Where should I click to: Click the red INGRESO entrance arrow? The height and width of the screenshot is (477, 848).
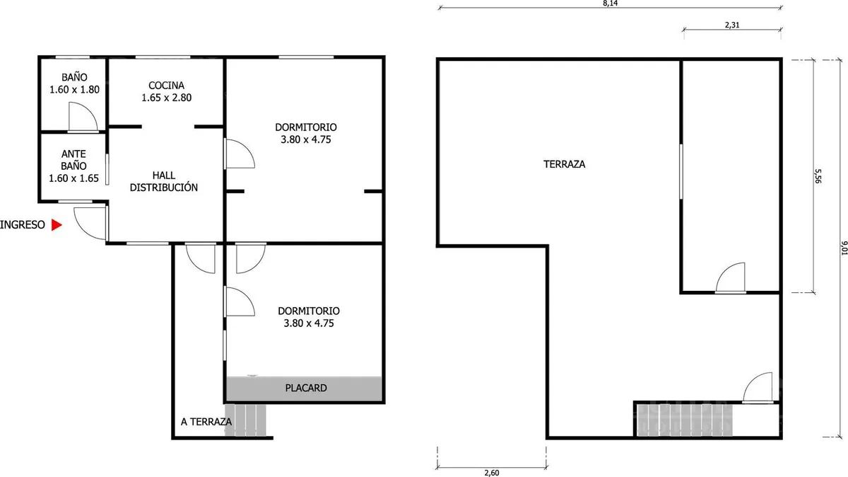(x=57, y=225)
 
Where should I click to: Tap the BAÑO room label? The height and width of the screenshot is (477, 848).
(x=74, y=77)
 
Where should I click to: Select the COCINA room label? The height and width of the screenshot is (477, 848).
(x=166, y=86)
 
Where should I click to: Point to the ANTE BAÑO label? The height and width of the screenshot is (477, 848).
(x=73, y=160)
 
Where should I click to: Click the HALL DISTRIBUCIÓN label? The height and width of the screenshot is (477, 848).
(x=163, y=181)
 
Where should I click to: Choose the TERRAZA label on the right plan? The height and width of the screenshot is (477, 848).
(x=564, y=164)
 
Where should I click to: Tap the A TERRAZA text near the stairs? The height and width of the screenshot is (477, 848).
(x=206, y=422)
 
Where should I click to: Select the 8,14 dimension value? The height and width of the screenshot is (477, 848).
(x=611, y=3)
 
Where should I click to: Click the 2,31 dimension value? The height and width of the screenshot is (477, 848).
(x=732, y=25)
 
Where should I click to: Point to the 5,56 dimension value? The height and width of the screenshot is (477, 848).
(x=818, y=176)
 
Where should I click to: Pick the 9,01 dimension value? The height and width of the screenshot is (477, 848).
(x=844, y=248)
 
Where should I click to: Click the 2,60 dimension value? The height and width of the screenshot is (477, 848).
(x=492, y=473)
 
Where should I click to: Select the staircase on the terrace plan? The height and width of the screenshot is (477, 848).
(x=685, y=420)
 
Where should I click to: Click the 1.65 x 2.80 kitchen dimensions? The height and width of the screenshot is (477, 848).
(x=167, y=98)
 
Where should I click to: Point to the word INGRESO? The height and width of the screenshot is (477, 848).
(x=23, y=225)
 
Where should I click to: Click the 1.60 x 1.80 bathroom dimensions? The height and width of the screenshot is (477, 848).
(x=75, y=90)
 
